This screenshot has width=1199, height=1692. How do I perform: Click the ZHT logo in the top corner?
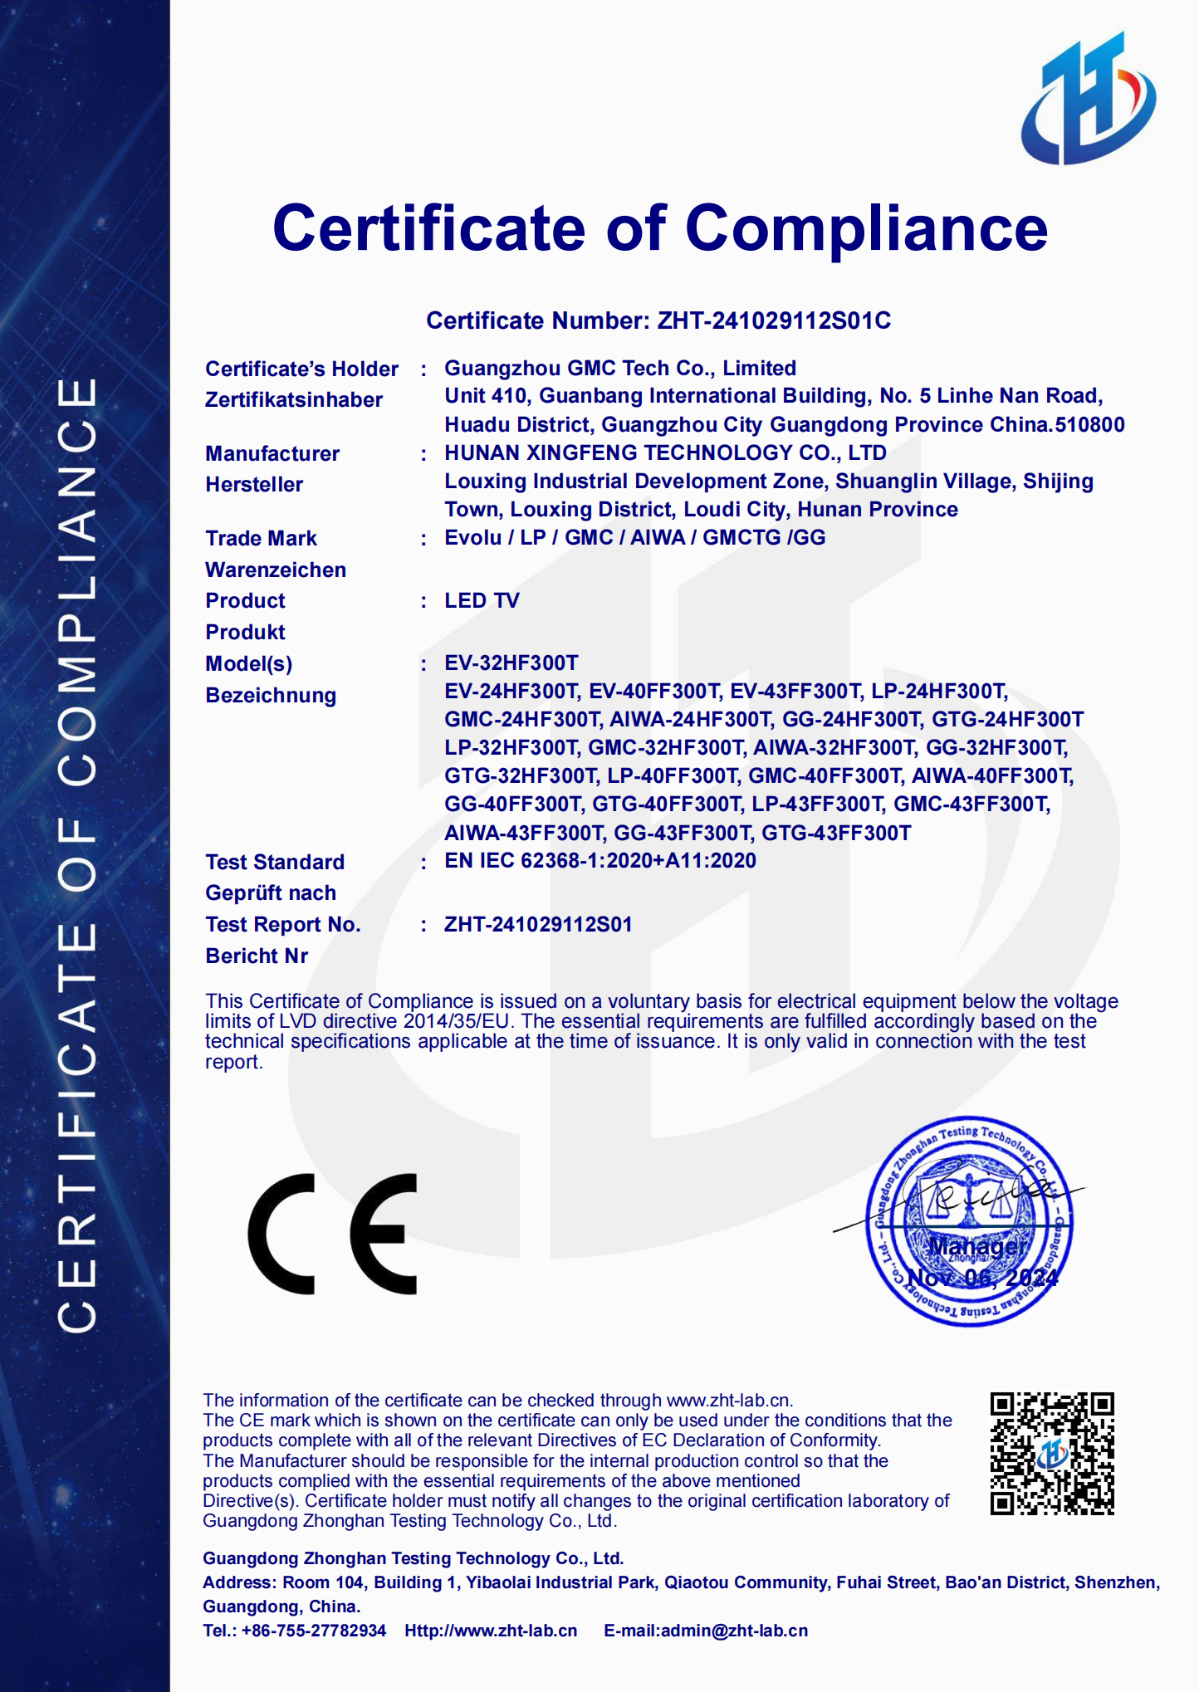1089,100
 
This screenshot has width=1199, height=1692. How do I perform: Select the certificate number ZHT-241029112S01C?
774,320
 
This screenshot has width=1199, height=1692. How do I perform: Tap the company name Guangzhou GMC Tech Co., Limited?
620,368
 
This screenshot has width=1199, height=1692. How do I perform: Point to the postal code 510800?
1089,425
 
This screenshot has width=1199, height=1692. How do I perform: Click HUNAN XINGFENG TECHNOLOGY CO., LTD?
665,453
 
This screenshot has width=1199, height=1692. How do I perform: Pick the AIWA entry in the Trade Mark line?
658,538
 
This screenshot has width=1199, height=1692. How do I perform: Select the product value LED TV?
482,600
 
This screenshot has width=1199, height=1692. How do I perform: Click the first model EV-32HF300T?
511,663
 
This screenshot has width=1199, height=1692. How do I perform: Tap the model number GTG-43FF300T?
836,833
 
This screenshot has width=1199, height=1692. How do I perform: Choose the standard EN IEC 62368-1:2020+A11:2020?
599,861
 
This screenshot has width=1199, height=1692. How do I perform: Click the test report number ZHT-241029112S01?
538,924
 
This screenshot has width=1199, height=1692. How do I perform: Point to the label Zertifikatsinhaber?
294,400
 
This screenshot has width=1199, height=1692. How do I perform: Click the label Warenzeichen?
276,570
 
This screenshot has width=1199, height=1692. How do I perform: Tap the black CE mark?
332,1234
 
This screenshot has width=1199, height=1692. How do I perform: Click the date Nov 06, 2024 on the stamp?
982,1278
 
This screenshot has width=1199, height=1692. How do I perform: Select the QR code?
1052,1454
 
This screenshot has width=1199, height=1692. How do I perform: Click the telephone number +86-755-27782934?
314,1631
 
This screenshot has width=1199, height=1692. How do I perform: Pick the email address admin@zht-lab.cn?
734,1631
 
